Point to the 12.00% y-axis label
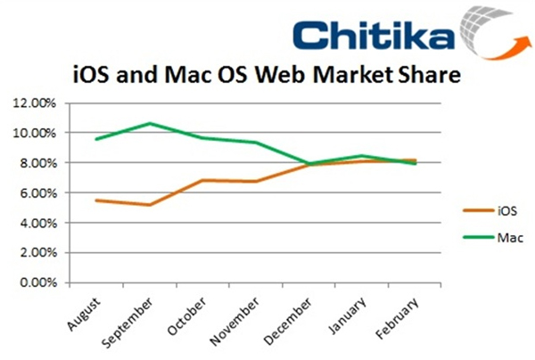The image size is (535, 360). coord(33,103)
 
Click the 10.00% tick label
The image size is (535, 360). coord(33,134)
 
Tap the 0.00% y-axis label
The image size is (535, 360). coord(36,283)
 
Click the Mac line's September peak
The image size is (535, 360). coord(150,123)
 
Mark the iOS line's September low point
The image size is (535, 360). coord(150,205)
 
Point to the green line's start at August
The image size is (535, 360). coord(95,139)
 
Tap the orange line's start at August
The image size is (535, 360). coord(95,200)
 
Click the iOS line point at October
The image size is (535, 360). coord(203,180)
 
